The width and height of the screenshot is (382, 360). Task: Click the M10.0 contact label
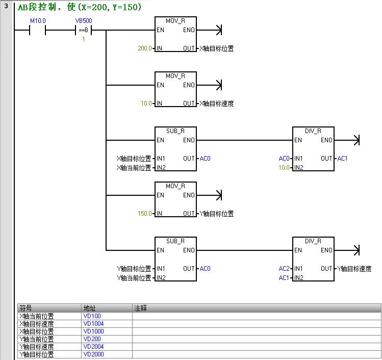click(x=38, y=20)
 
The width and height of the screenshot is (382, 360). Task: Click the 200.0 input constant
click(x=145, y=48)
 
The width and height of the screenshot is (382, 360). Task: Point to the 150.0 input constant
click(x=145, y=214)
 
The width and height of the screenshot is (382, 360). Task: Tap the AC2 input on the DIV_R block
click(x=284, y=269)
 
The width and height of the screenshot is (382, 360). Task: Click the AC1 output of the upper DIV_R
click(x=342, y=159)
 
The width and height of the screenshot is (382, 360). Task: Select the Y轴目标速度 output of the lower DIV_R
click(x=359, y=269)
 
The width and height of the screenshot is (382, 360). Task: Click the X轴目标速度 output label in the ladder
click(x=216, y=104)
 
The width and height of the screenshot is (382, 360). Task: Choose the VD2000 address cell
click(x=93, y=354)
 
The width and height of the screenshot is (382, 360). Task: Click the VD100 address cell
click(x=92, y=316)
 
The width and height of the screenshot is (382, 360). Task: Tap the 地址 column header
click(x=89, y=308)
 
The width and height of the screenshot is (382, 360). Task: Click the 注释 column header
click(x=140, y=308)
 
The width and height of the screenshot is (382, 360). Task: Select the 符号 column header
click(x=26, y=308)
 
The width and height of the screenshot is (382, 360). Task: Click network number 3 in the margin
click(x=6, y=7)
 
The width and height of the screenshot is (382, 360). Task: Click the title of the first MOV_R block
click(x=175, y=21)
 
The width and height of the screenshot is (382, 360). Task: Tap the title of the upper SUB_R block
click(x=175, y=131)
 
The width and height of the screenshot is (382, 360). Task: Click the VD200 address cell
click(x=92, y=339)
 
